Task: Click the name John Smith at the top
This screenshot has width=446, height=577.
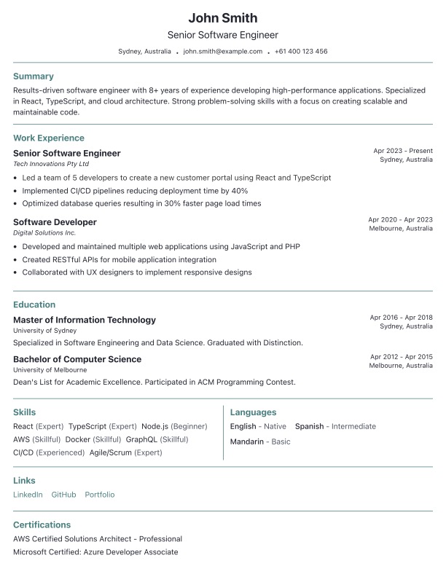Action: pos(223,17)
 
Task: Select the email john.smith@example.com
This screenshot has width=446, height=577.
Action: pos(222,52)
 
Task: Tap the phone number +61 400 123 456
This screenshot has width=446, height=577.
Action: pos(301,52)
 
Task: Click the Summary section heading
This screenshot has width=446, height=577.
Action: pos(34,76)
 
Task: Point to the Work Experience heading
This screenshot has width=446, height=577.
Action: pos(49,138)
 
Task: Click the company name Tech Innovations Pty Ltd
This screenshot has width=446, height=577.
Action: pos(51,164)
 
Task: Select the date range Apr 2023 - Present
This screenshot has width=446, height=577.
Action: pos(403,151)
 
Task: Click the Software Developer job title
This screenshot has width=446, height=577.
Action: pos(55,221)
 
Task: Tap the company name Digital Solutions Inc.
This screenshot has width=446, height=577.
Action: pos(44,232)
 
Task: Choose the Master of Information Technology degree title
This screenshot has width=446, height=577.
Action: pos(85,320)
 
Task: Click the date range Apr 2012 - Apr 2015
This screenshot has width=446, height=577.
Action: pos(401,357)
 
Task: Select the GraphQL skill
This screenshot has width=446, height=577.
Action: pos(141,439)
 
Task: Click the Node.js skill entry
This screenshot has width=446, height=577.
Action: pos(155,426)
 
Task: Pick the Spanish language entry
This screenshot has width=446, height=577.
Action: pos(309,426)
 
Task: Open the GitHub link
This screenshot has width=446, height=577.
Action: pos(63,495)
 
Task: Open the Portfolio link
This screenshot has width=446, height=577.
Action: pos(99,495)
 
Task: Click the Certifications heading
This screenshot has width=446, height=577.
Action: pos(42,525)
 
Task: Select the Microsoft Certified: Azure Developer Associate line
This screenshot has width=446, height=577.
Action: pos(95,552)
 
